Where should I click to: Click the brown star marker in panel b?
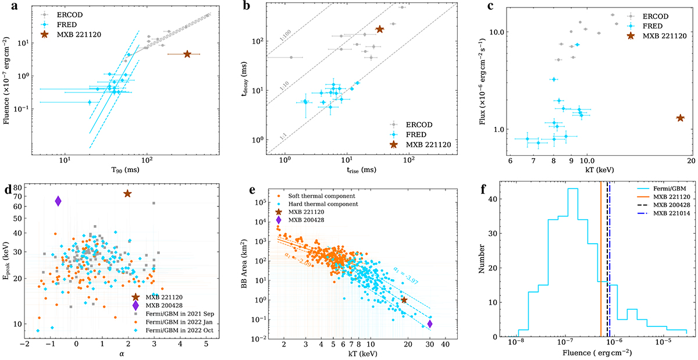[380, 29]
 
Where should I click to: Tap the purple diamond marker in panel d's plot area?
[58, 201]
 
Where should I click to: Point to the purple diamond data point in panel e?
[430, 324]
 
